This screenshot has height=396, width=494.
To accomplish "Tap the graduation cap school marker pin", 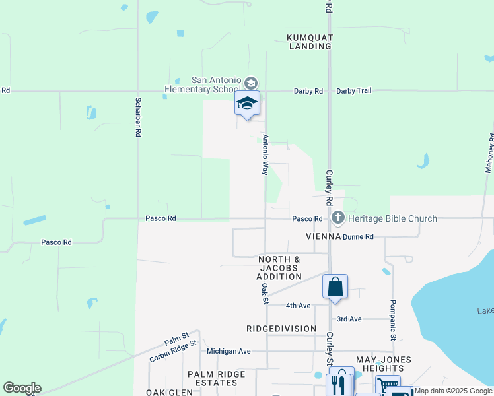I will click(247, 104).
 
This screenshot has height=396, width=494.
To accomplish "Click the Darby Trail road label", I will click(354, 91).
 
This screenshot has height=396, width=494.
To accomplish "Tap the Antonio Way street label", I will click(265, 155).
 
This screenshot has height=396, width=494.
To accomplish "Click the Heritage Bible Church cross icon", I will click(338, 217).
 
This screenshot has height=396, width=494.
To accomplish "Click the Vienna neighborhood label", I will click(323, 236).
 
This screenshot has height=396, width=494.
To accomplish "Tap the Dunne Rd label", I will click(360, 236).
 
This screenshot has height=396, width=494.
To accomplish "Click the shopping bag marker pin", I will click(335, 286).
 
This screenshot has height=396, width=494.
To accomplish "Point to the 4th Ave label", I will click(298, 306).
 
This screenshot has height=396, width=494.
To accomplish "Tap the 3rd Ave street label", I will click(349, 319).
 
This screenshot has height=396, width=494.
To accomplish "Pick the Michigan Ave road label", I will click(229, 351).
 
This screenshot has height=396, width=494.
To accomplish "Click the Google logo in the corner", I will click(22, 388).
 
